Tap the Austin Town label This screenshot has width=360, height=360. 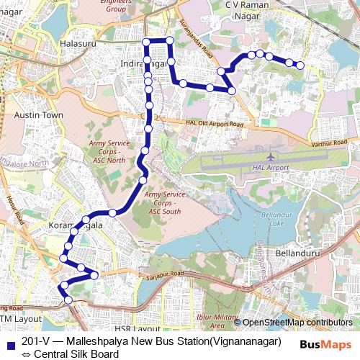tap(39, 115)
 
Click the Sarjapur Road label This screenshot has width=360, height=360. tap(166, 274)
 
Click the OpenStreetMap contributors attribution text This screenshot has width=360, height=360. tap(297, 323)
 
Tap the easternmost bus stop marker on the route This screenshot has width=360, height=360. tap(300, 66)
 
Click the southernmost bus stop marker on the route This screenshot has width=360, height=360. tap(68, 300)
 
